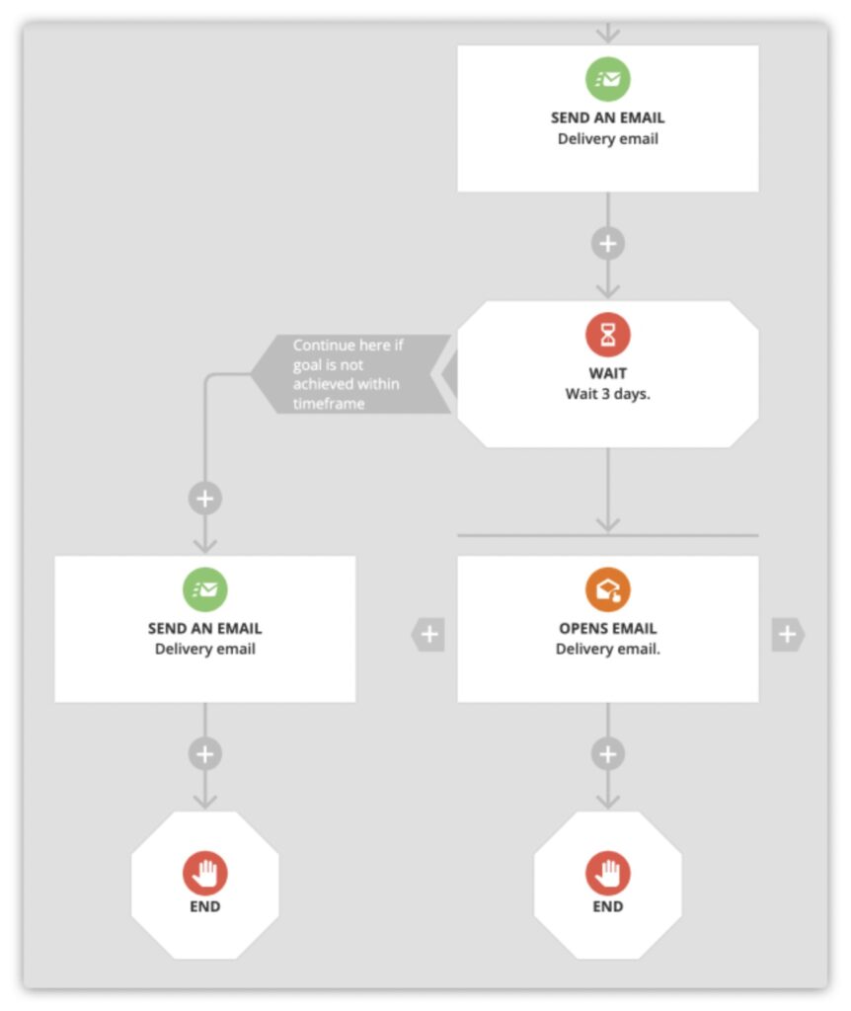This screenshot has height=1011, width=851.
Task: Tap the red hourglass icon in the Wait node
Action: click(607, 336)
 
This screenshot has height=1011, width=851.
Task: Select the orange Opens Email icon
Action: click(607, 590)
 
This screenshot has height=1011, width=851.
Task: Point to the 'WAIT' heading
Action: click(607, 374)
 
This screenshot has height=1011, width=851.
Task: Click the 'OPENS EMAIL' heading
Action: click(607, 628)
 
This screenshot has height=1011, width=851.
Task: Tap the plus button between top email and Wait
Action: click(607, 243)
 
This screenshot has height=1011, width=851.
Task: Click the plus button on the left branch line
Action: click(205, 499)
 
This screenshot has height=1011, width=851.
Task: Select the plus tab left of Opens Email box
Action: click(428, 635)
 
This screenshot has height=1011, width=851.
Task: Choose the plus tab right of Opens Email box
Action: click(787, 635)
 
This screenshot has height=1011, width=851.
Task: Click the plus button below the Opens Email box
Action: click(607, 754)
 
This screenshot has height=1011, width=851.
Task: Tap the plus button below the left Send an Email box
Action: click(205, 754)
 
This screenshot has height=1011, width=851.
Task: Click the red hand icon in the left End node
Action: click(205, 873)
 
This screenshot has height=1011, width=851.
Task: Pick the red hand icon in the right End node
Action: click(607, 873)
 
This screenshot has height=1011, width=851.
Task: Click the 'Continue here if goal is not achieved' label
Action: click(348, 374)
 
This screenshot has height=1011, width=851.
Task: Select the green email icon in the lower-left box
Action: click(205, 590)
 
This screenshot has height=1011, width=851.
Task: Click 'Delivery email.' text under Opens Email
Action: click(607, 649)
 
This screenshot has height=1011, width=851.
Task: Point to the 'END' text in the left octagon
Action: click(205, 905)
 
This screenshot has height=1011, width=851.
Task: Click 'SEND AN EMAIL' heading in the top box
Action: click(607, 117)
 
